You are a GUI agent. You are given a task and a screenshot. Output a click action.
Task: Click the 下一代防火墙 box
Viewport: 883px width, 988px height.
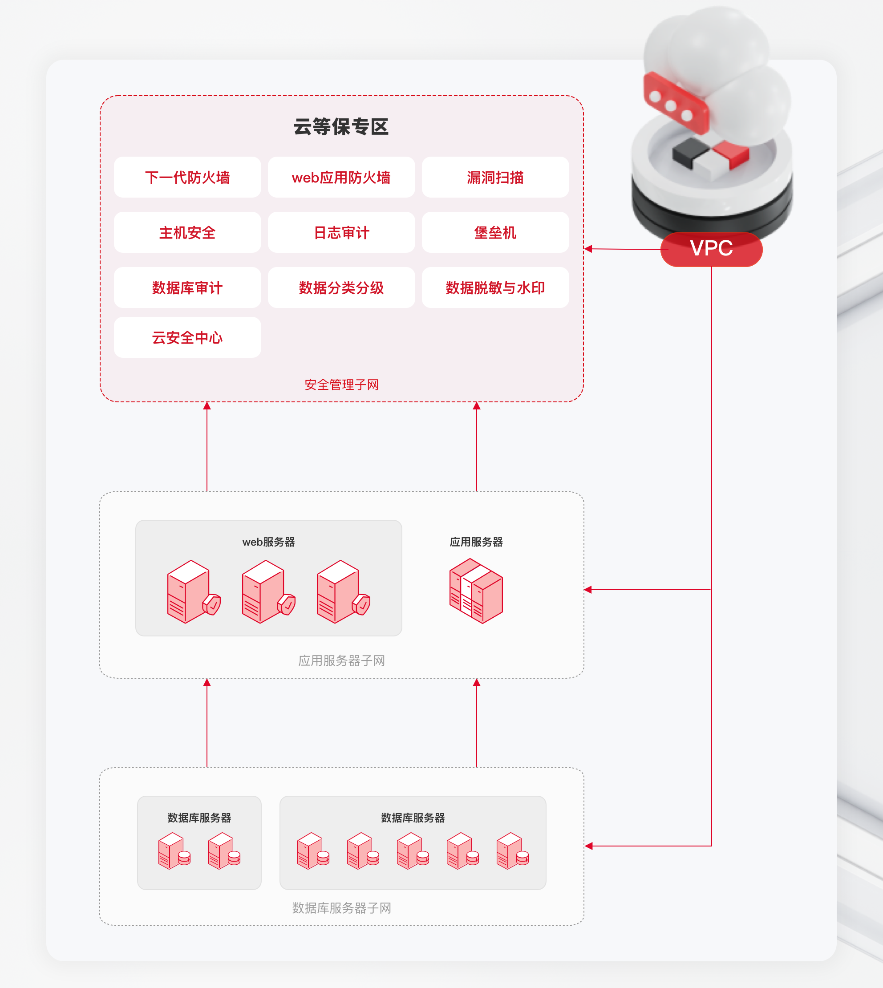[187, 178]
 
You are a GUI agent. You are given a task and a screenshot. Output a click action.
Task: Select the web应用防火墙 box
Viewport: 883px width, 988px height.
[341, 178]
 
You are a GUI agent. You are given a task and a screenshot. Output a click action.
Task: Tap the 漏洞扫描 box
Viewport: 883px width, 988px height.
[495, 178]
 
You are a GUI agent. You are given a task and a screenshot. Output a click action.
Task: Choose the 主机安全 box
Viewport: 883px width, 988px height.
[187, 233]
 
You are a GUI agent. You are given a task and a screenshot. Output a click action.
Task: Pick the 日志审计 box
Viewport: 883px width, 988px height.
[341, 233]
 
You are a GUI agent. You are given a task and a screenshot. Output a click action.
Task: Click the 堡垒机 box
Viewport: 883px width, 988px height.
[495, 233]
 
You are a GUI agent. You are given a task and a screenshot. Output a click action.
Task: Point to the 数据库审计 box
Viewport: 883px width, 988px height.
[187, 288]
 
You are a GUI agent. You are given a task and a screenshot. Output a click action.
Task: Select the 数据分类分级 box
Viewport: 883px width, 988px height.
[341, 288]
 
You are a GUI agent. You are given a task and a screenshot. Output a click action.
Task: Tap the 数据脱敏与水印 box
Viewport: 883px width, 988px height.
[495, 288]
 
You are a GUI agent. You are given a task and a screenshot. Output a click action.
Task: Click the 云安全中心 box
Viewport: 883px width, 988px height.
[187, 338]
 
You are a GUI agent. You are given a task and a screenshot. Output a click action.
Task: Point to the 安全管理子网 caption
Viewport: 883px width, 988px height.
[341, 385]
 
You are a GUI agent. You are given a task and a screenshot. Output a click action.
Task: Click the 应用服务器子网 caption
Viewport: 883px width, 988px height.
[341, 660]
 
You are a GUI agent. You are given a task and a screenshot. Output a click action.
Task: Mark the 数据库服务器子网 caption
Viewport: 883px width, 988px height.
[341, 908]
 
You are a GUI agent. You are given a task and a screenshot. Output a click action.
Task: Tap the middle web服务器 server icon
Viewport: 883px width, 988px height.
[267, 592]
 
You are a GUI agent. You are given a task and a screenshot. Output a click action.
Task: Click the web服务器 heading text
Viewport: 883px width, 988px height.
[268, 542]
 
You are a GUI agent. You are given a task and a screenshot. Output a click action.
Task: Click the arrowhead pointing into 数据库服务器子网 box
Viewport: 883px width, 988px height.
[589, 846]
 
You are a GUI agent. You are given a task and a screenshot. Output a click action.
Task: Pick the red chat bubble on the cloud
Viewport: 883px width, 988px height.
[675, 103]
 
